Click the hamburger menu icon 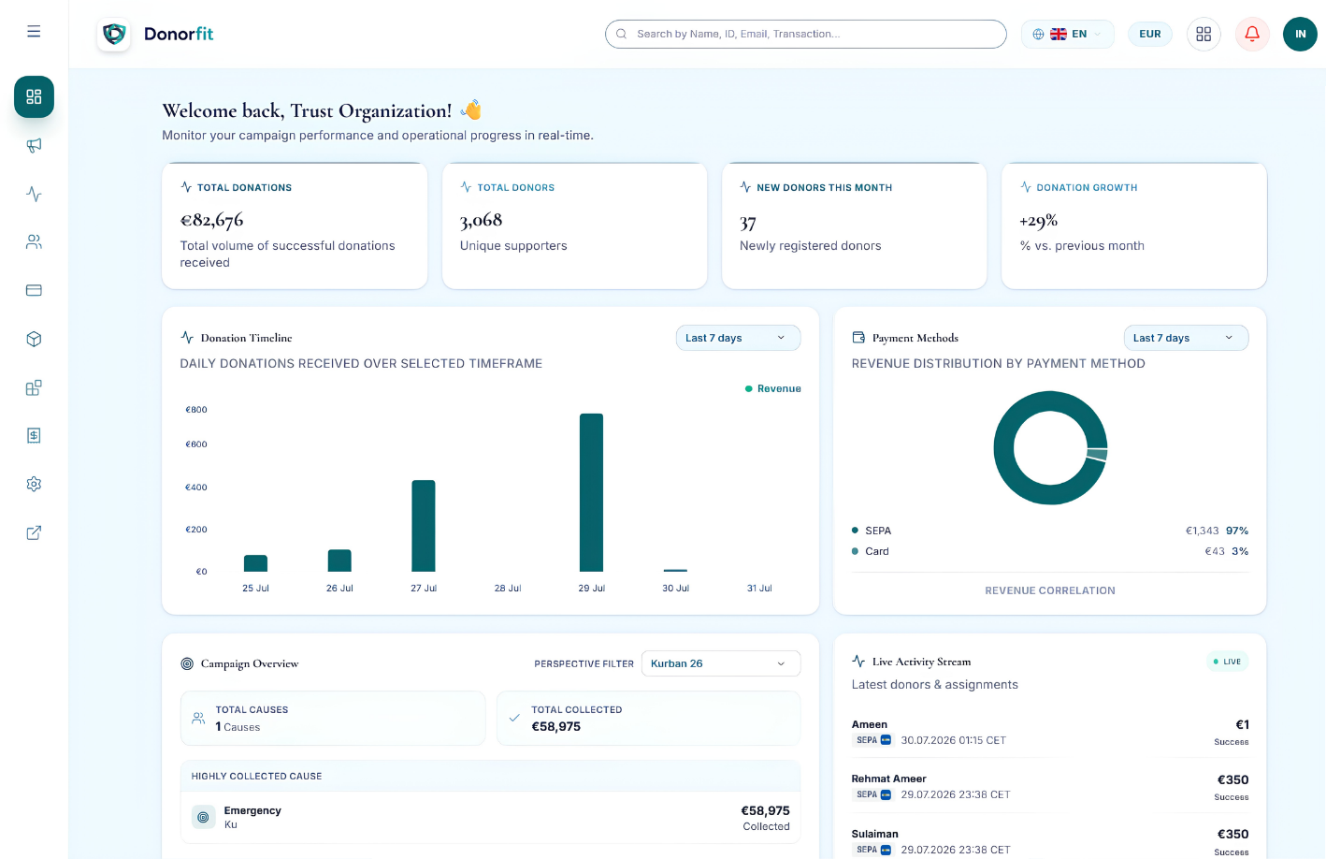coord(34,32)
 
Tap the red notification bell coord(1252,34)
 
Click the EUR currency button coord(1149,34)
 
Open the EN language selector coord(1067,34)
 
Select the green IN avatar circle coord(1300,34)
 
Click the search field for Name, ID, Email coord(806,34)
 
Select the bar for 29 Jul coord(591,492)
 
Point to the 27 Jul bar coord(424,526)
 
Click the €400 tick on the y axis coord(196,487)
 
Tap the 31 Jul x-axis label coord(759,588)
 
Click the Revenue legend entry coord(772,388)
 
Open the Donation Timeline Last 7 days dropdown coord(738,338)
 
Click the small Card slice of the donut coord(1097,455)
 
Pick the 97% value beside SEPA coord(1236,531)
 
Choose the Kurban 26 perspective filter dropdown coord(721,663)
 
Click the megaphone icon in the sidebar coord(34,145)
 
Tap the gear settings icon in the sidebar coord(34,484)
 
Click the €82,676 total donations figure coord(211,220)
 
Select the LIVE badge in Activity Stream coord(1227,662)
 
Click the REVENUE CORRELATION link coord(1050,590)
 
